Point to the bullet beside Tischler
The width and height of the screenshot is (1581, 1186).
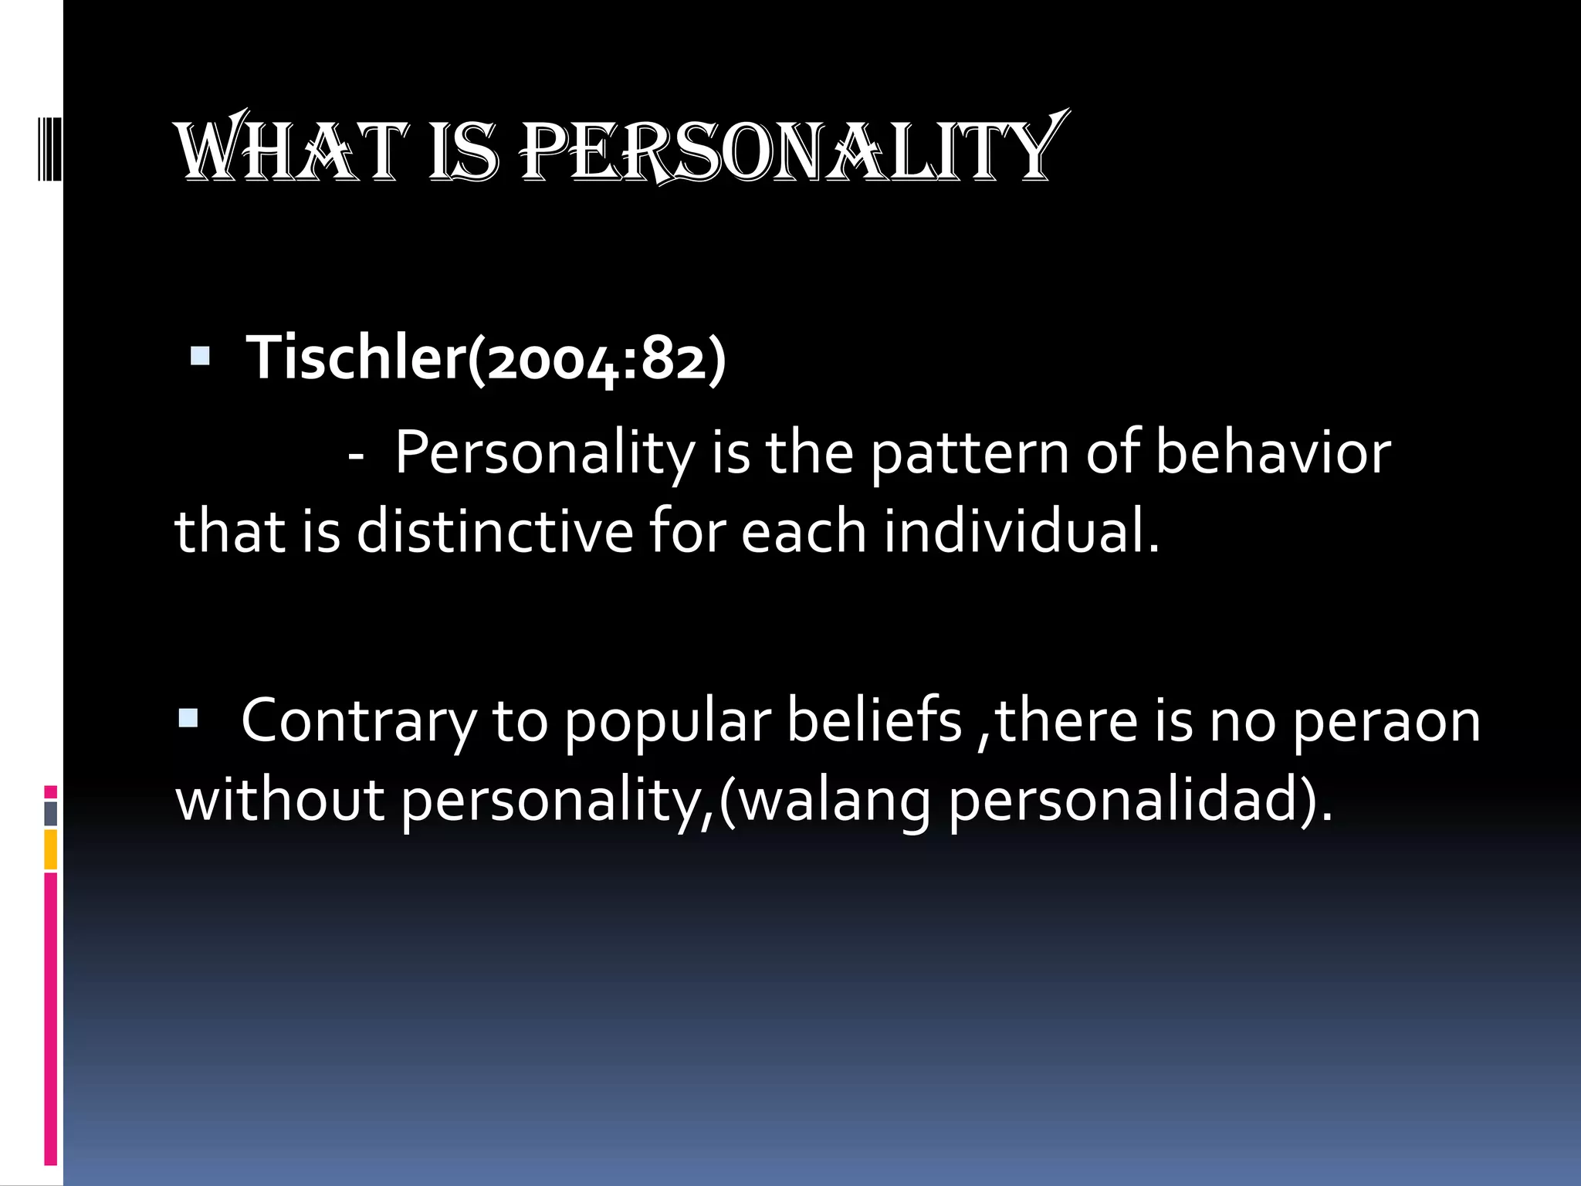coord(200,357)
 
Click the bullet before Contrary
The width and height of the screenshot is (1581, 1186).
coord(188,720)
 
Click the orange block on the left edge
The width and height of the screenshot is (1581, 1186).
coord(51,849)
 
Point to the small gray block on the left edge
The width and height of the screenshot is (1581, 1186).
coord(51,814)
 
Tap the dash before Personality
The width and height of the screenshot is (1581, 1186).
coord(356,456)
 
